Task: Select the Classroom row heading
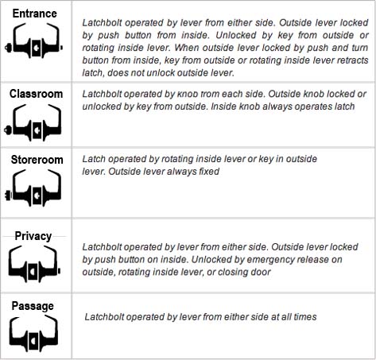(36, 94)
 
